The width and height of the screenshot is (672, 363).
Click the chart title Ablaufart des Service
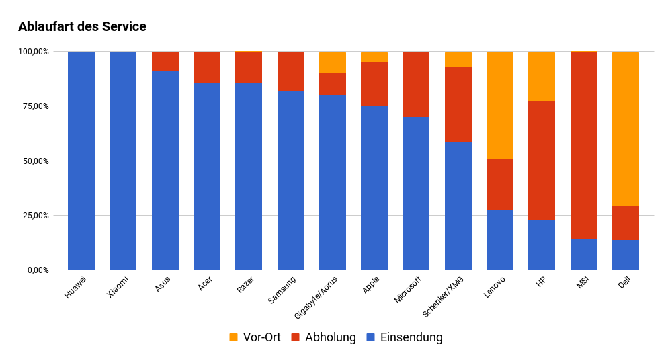click(82, 27)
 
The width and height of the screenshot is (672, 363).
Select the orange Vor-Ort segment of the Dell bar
click(625, 128)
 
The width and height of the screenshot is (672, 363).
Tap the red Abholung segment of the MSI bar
click(583, 145)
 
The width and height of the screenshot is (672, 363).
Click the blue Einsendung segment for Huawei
click(81, 161)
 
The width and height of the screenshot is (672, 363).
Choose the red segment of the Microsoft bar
click(416, 84)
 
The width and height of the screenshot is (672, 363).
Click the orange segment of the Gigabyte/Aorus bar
click(333, 63)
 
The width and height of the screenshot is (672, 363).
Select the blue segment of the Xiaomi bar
click(123, 161)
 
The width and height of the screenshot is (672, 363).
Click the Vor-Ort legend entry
click(255, 337)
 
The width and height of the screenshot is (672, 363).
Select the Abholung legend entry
click(323, 337)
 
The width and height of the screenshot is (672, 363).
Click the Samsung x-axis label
click(283, 290)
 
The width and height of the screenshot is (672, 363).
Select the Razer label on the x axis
click(245, 286)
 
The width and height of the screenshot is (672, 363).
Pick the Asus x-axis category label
click(162, 286)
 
